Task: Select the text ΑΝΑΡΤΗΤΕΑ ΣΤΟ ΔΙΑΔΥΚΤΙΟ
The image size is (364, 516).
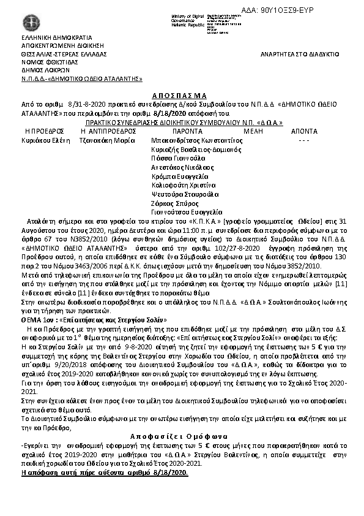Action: (x=299, y=55)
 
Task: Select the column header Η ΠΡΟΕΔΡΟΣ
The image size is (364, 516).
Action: (x=45, y=131)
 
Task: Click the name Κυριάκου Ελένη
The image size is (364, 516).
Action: (x=45, y=140)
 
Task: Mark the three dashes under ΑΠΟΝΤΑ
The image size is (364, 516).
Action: (x=303, y=140)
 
